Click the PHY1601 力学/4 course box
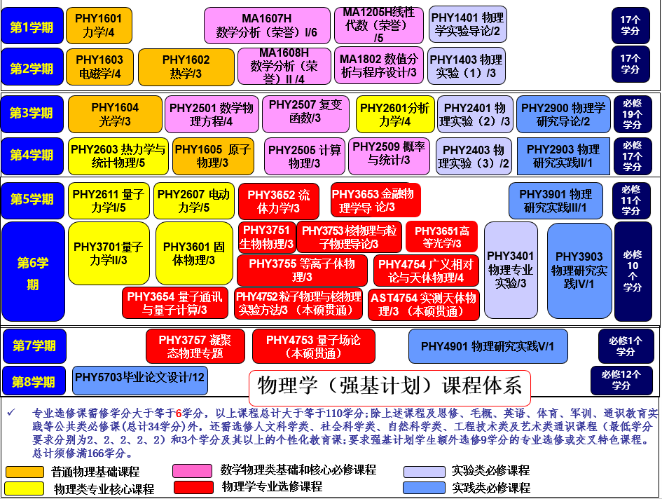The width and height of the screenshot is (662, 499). [x=99, y=25]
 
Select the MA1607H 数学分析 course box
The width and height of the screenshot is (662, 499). [x=267, y=25]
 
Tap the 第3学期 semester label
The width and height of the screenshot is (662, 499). [x=32, y=114]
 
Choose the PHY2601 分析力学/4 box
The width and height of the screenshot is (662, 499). [x=395, y=114]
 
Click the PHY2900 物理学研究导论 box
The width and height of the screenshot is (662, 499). [x=563, y=114]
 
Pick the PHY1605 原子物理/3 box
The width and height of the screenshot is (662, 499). [x=213, y=156]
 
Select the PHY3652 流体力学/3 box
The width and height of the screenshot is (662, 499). [x=279, y=201]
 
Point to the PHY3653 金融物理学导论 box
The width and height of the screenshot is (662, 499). [x=375, y=200]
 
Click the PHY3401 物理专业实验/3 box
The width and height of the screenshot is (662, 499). [x=511, y=270]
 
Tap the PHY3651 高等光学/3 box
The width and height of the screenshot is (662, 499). [x=441, y=237]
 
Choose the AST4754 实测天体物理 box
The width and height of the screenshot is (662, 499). [x=423, y=305]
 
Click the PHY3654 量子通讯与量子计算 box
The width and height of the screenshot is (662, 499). [x=175, y=303]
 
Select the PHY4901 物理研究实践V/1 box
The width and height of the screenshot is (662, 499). [x=488, y=346]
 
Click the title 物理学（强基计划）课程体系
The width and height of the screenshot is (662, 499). [x=389, y=385]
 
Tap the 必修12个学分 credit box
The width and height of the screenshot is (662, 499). [x=621, y=380]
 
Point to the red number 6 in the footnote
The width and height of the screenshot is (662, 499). [x=179, y=413]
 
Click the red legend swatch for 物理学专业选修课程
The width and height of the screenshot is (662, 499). [x=193, y=487]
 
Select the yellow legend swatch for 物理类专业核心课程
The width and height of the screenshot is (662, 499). [x=25, y=488]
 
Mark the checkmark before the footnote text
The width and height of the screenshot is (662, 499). [x=11, y=412]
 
